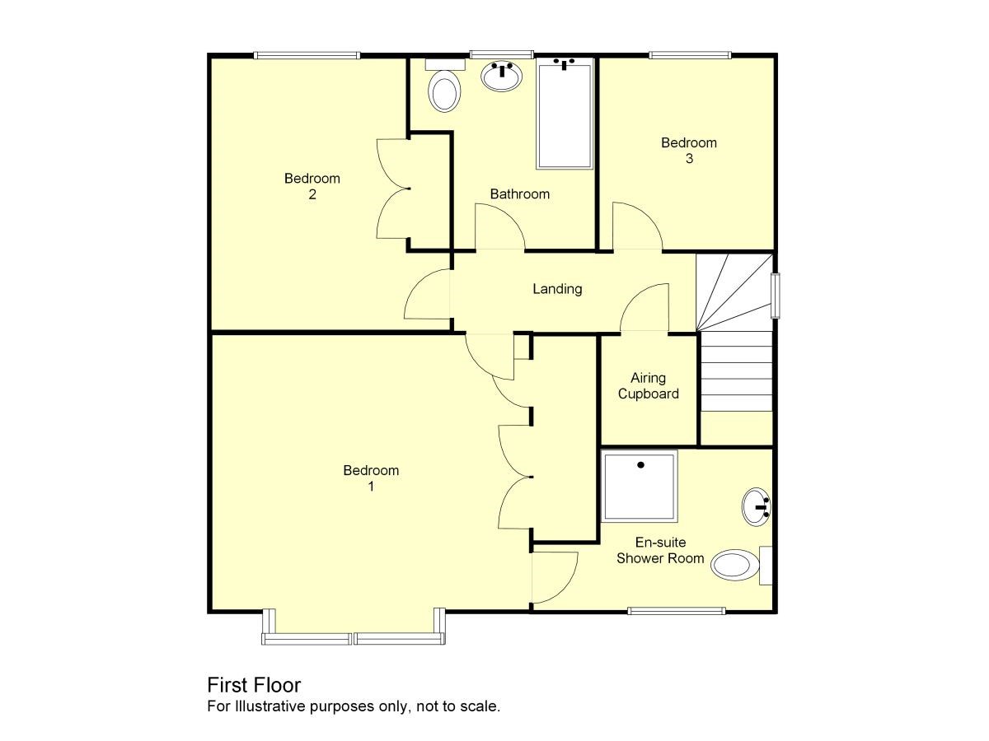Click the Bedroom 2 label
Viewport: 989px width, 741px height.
312,186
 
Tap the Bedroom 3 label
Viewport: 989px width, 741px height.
688,151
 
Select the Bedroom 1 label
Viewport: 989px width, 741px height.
371,478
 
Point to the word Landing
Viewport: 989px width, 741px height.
557,289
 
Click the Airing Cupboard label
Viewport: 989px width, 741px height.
648,385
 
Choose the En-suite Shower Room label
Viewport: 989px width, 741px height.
660,550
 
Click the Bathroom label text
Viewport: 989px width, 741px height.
519,194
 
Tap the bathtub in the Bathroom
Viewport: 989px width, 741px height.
564,114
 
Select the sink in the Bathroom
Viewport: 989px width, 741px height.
501,77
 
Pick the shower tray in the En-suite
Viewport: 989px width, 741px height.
640,486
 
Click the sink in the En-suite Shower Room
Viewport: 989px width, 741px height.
757,507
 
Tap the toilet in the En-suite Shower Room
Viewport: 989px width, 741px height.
741,565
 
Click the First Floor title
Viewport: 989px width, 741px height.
254,685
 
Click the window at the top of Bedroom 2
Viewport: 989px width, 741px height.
307,55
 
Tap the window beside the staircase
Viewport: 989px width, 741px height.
776,296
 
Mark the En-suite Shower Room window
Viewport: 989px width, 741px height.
677,611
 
